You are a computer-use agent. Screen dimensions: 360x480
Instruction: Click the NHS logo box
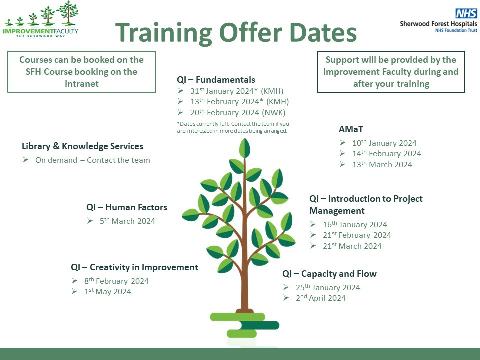[466, 14]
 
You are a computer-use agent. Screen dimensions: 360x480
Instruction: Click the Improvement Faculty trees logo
[41, 19]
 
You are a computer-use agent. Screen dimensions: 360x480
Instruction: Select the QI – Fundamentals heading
[216, 80]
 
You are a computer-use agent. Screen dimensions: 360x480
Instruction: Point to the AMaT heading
[351, 130]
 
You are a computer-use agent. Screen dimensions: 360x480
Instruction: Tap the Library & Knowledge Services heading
[82, 146]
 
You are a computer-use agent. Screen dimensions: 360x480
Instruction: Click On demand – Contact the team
[92, 160]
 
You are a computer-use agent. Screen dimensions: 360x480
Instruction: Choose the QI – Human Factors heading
[126, 207]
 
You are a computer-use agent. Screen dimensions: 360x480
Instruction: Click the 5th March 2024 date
[127, 221]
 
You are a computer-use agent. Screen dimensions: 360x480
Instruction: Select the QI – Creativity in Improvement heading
[134, 267]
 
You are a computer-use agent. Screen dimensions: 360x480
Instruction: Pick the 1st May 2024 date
[107, 292]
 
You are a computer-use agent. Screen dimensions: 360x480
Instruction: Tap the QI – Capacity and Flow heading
[329, 274]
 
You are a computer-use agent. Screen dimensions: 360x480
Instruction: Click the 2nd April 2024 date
[320, 298]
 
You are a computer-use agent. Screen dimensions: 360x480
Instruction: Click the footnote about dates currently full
[233, 127]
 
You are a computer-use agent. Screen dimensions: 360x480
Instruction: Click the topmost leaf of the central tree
[245, 148]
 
